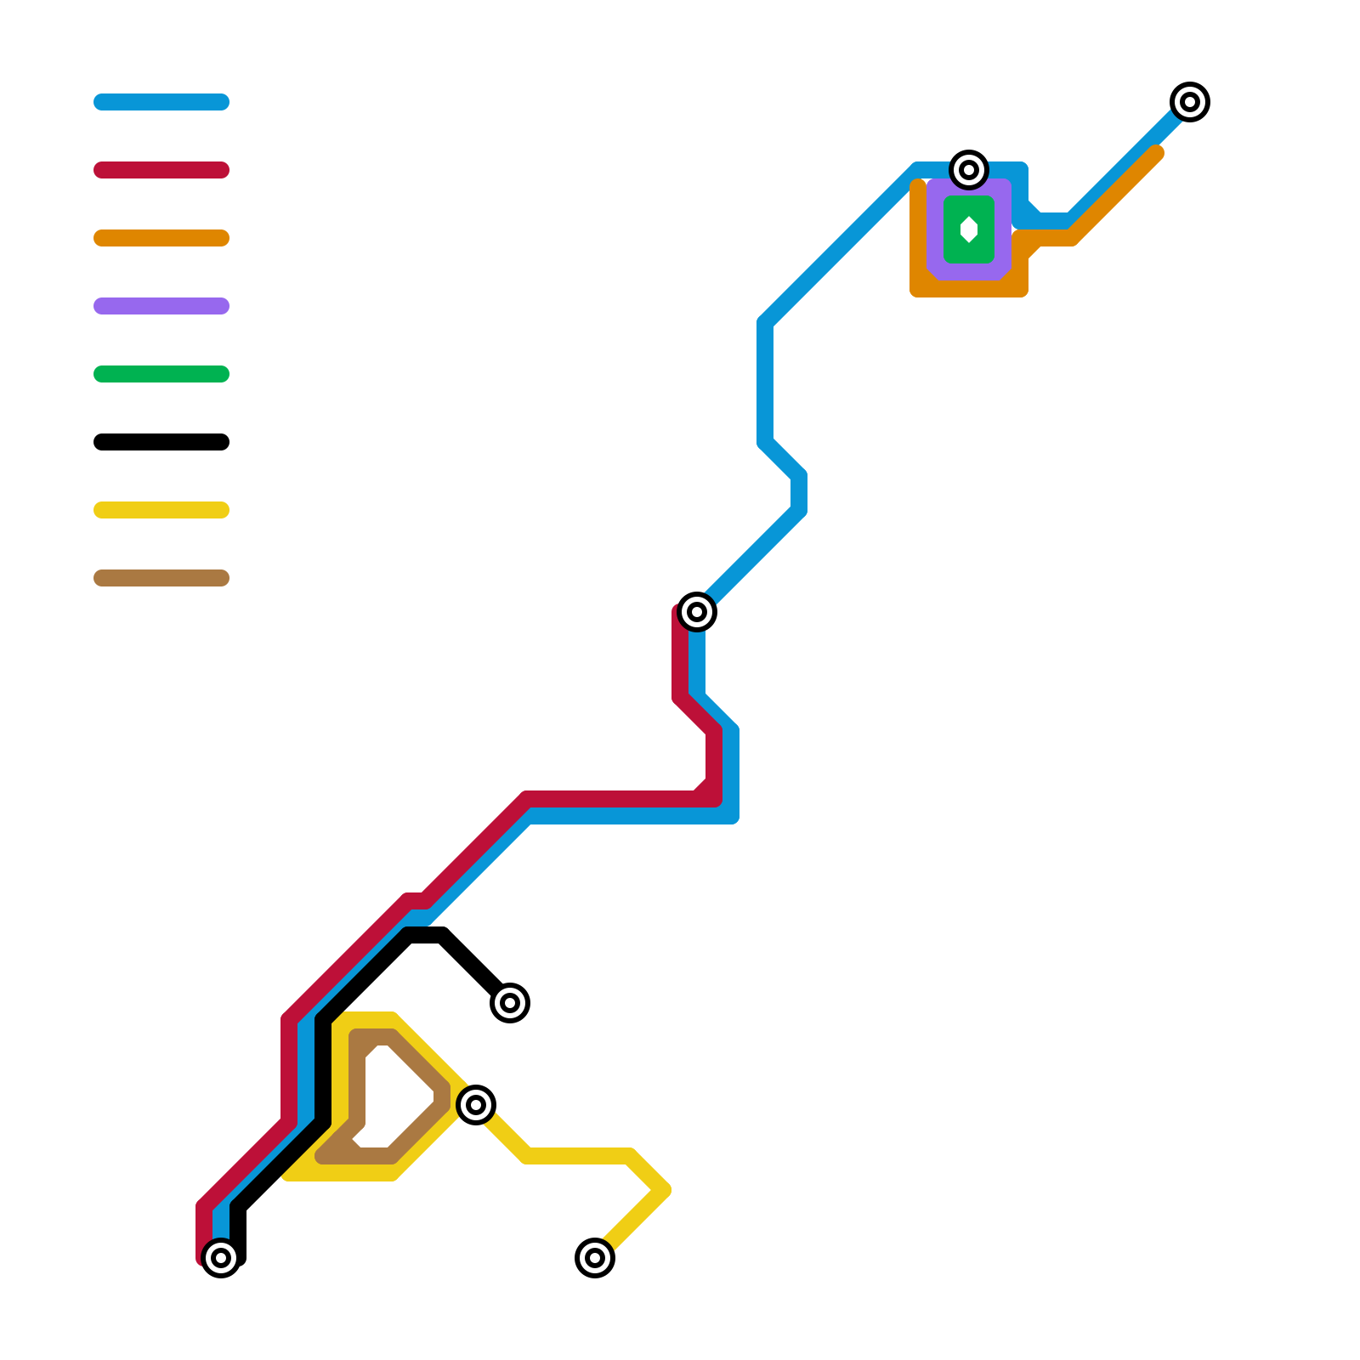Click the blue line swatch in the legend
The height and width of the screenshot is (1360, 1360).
161,102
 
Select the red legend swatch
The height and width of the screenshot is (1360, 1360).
161,170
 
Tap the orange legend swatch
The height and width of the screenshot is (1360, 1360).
161,238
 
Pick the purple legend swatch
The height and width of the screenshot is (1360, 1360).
161,306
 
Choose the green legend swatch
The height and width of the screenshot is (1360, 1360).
161,374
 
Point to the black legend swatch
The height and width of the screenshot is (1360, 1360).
161,442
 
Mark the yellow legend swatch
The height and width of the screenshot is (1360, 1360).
161,510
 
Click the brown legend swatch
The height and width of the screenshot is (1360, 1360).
161,578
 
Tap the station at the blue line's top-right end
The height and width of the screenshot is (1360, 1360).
1190,102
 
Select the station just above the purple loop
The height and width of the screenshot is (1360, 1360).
969,170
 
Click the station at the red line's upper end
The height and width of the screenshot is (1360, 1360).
697,612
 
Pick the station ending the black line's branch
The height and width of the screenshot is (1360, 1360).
510,1003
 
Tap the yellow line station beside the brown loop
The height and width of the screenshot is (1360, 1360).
476,1105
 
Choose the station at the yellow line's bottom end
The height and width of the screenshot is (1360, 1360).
595,1258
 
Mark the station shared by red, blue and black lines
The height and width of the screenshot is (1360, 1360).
221,1258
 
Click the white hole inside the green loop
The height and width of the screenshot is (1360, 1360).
969,229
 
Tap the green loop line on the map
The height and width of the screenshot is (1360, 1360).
951,229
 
